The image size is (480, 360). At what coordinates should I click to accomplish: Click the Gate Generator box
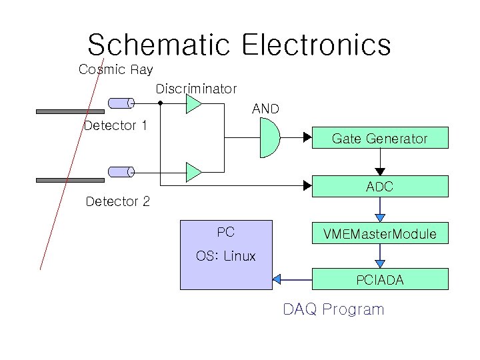380,139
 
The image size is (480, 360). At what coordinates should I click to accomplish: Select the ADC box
380,187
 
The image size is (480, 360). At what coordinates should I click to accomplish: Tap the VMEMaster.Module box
380,234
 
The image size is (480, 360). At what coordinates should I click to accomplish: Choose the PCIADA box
380,280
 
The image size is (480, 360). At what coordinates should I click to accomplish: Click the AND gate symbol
268,138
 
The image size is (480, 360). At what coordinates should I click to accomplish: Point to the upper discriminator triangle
193,104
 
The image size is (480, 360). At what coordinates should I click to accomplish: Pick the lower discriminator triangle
193,172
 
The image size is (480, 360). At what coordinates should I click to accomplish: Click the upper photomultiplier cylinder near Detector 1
121,103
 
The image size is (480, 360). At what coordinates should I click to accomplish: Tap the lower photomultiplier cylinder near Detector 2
121,172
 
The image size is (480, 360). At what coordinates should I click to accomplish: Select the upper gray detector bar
70,111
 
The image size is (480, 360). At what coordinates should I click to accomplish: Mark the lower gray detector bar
70,180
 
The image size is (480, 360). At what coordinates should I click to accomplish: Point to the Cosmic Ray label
115,69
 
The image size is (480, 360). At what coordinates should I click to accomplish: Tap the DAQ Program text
333,309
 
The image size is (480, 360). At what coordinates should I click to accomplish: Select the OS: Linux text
226,256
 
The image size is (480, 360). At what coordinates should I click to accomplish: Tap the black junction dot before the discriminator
160,103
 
